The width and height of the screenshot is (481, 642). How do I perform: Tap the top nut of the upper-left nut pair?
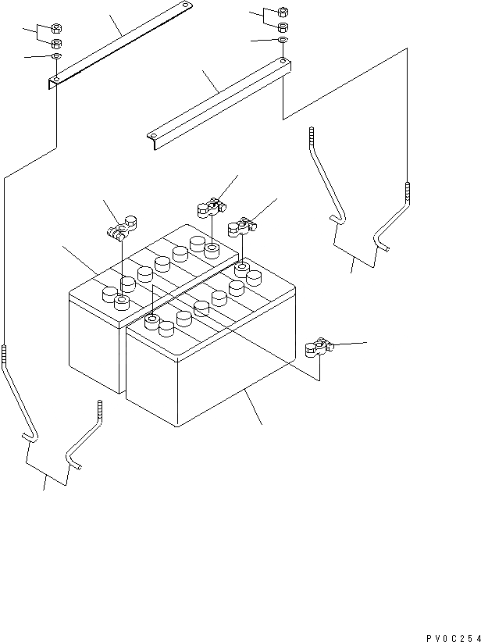tap(57, 29)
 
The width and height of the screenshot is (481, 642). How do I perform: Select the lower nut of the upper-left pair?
tap(57, 43)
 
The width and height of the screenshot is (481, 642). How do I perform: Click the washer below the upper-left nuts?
tap(57, 58)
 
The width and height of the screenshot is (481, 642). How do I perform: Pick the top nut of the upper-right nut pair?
tap(283, 12)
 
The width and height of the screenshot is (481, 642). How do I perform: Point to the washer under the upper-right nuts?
tap(283, 40)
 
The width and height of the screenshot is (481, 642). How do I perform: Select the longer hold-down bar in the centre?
tap(219, 99)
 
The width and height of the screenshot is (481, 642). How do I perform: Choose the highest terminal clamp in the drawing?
tap(210, 209)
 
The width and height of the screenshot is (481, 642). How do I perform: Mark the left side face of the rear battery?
tap(94, 344)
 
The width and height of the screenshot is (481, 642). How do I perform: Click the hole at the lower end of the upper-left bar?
tap(56, 80)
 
